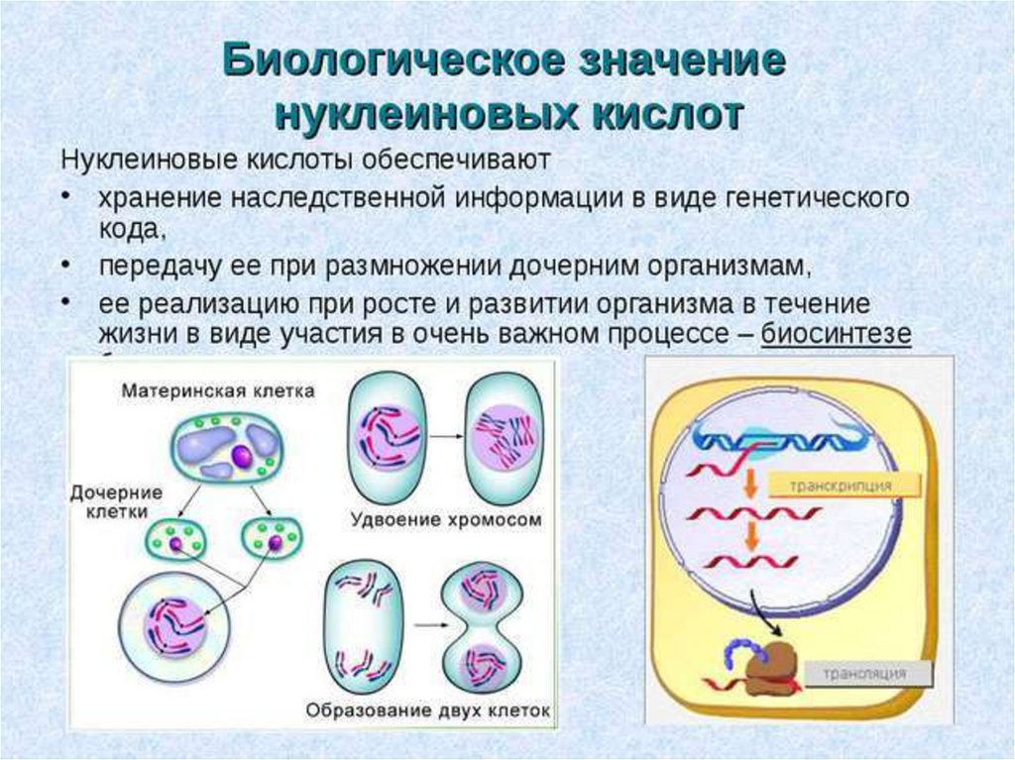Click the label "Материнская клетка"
click(218, 390)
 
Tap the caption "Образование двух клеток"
click(428, 710)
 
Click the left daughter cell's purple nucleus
click(175, 544)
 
